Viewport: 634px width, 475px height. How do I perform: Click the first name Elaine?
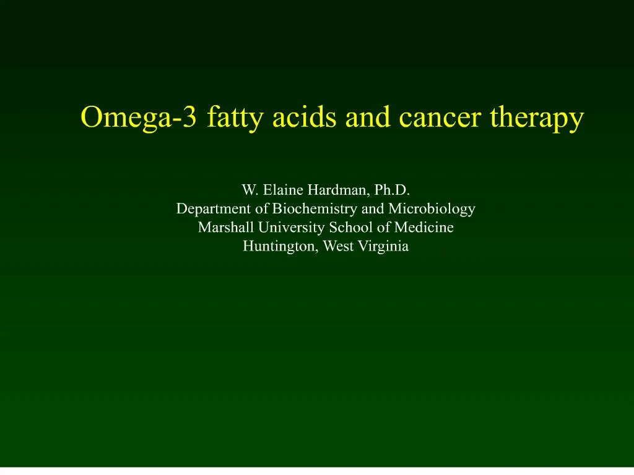click(282, 190)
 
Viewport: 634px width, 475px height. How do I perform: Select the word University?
click(284, 228)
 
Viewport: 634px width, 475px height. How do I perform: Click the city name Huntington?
click(278, 246)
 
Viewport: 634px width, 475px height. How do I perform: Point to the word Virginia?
click(383, 246)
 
